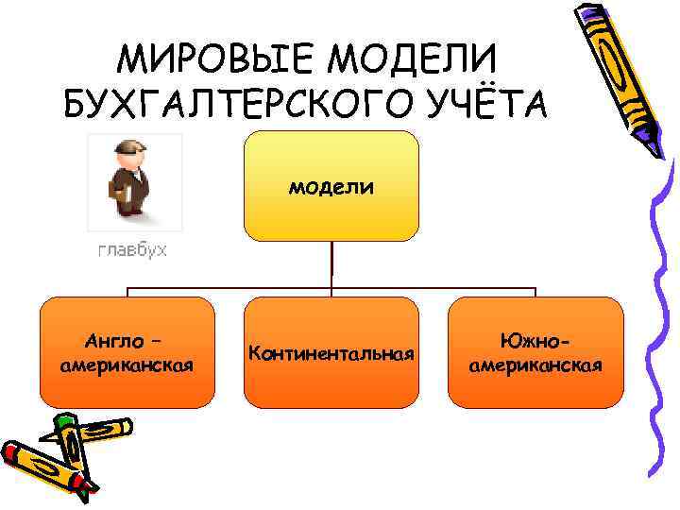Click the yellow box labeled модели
[x=331, y=185]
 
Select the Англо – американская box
[x=127, y=352]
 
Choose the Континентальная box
[x=331, y=352]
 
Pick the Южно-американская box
[x=535, y=352]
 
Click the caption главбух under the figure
[x=132, y=250]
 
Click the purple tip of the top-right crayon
[x=654, y=147]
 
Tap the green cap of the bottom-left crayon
[x=64, y=422]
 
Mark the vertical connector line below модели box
[x=331, y=264]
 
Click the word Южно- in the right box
[x=535, y=337]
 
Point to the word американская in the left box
[x=127, y=365]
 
